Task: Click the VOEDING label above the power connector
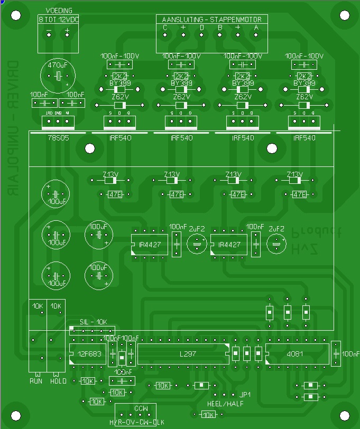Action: point(59,11)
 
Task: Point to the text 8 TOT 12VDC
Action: point(59,19)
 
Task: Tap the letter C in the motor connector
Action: point(165,27)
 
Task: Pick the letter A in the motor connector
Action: point(256,27)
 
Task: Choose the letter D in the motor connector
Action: point(201,27)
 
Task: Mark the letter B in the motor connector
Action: point(220,27)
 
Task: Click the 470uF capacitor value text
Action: point(58,65)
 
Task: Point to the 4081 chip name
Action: point(295,353)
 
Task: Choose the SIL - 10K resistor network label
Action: point(93,322)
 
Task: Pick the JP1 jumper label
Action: point(245,395)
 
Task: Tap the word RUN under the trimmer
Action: point(36,381)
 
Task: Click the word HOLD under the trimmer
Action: point(58,381)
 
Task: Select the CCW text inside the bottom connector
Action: point(141,409)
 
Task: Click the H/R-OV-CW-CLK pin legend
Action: point(136,423)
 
